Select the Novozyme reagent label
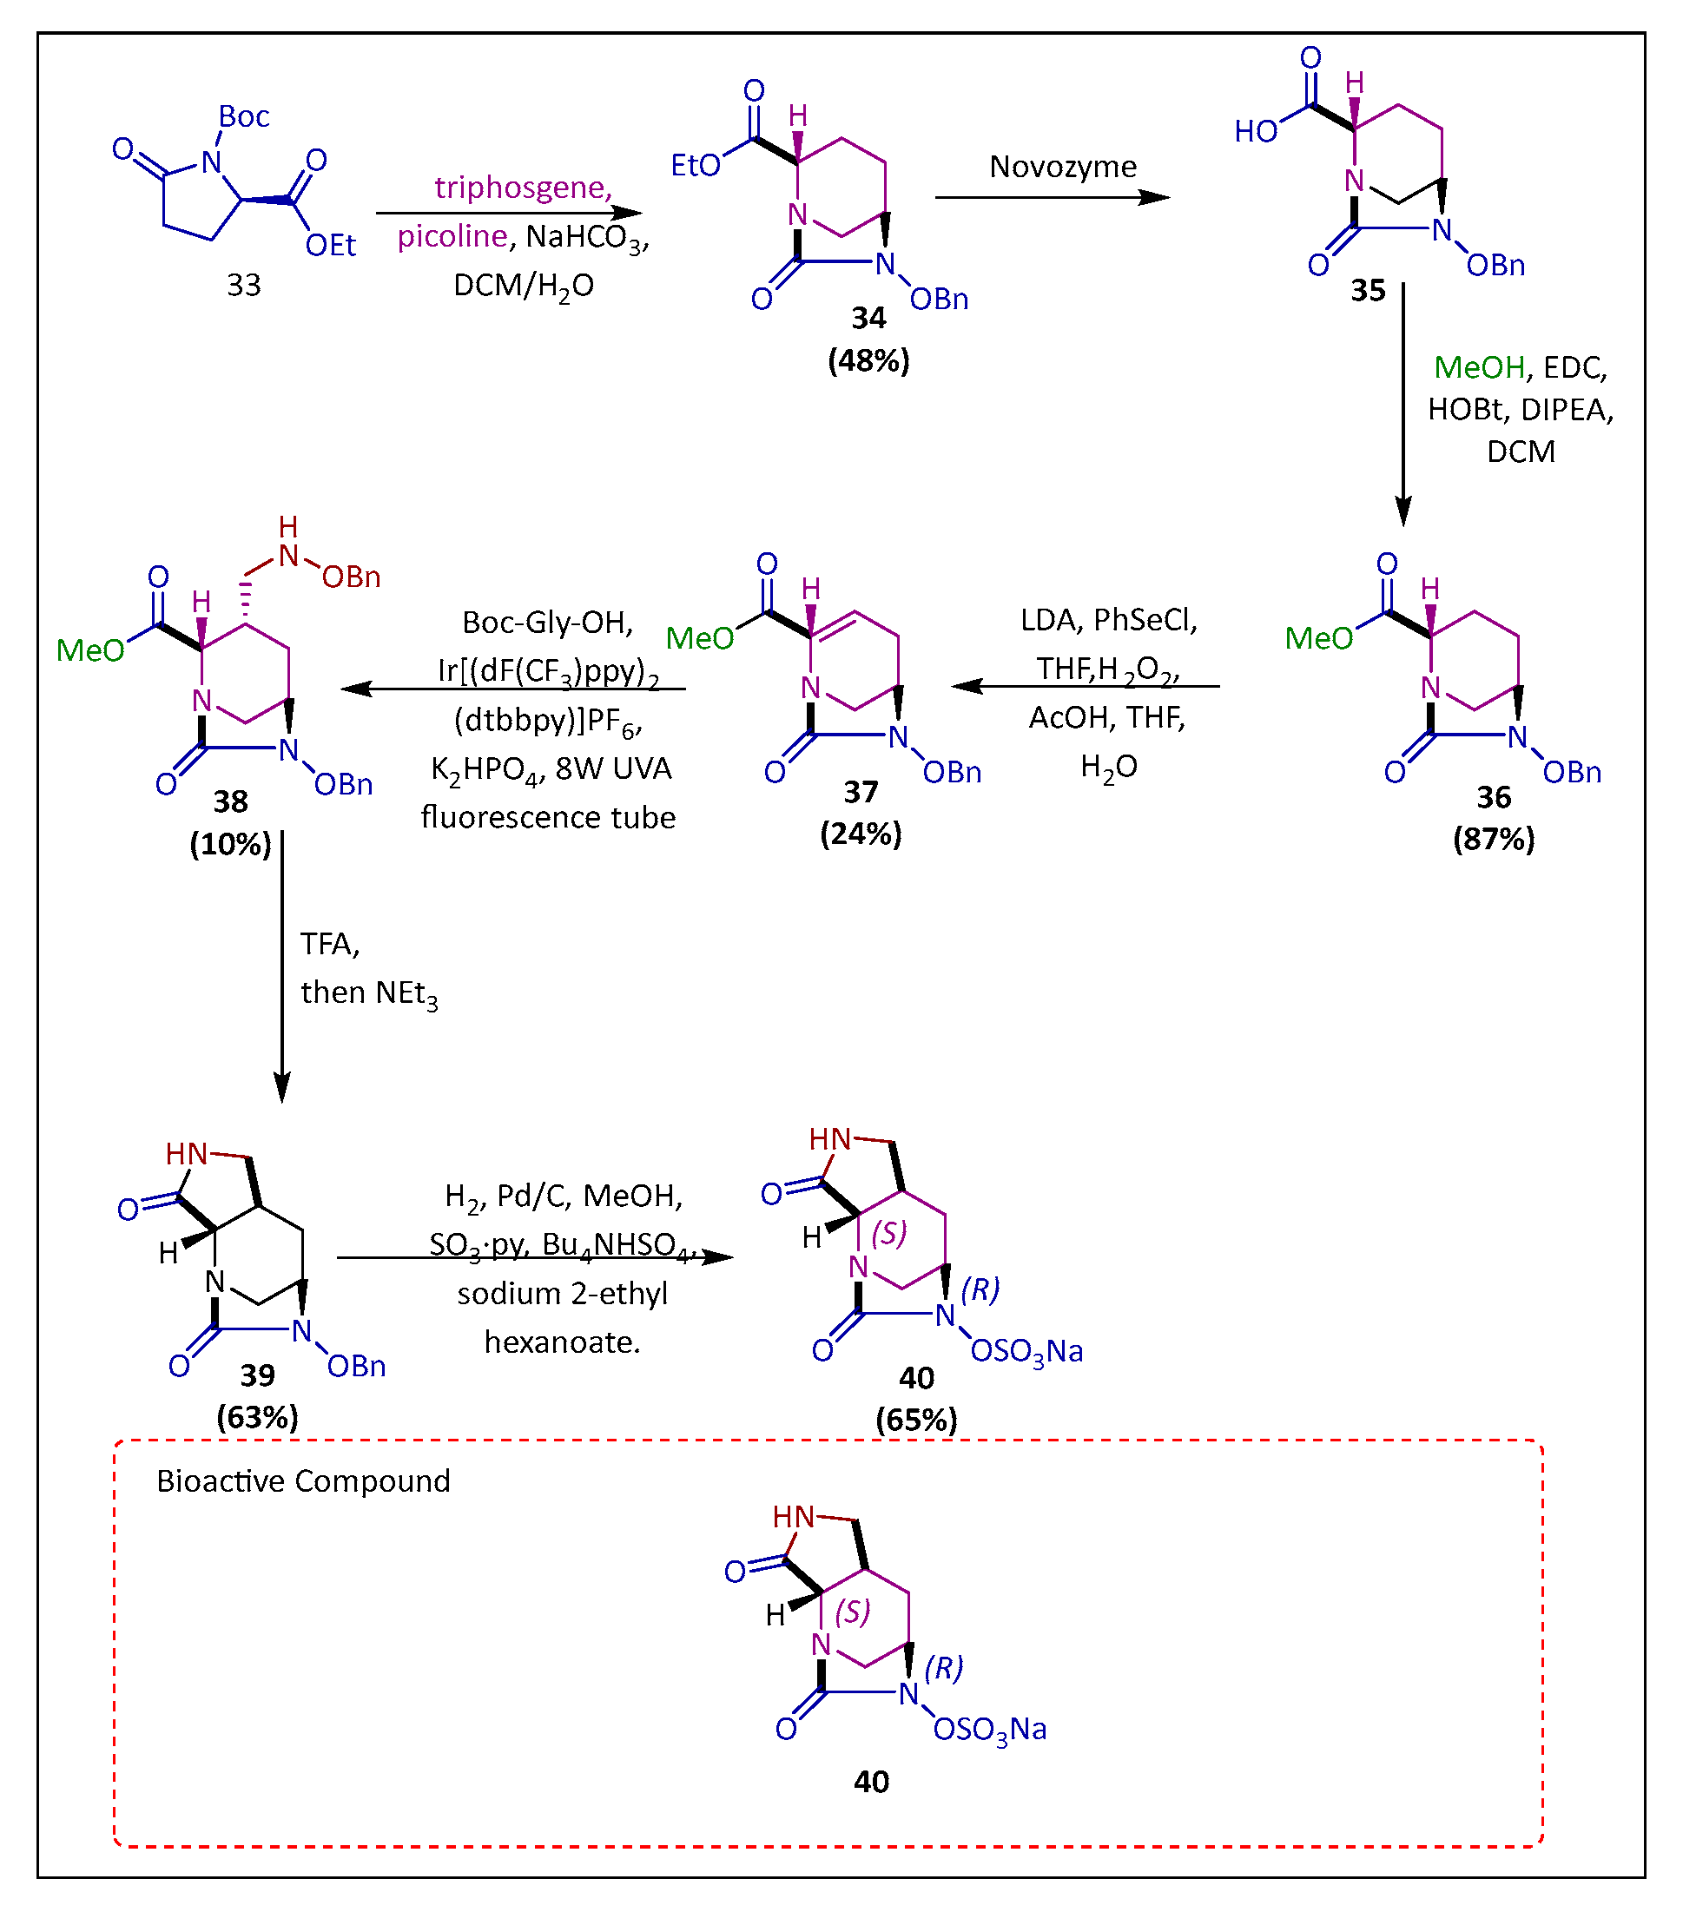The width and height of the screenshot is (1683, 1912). (1063, 167)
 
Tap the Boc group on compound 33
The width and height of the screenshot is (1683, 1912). (243, 116)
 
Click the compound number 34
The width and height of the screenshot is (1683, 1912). (868, 318)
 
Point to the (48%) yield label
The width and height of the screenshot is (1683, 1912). (868, 360)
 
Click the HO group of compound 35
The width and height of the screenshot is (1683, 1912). (1256, 131)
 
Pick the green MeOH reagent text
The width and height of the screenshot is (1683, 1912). (1478, 366)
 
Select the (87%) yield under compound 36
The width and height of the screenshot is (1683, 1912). (1493, 839)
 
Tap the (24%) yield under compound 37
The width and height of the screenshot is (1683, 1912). (861, 834)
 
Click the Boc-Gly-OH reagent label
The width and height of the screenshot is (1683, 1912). (547, 622)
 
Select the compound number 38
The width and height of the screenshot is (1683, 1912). (230, 801)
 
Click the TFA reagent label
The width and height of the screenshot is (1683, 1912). (328, 944)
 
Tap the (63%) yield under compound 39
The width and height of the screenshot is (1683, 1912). (257, 1417)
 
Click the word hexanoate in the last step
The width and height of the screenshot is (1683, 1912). (562, 1342)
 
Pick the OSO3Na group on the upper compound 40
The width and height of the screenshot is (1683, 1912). (1026, 1352)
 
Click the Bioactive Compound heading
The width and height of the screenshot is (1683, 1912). (303, 1480)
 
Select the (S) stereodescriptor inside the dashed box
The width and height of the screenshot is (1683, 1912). (852, 1611)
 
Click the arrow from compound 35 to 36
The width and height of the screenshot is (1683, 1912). (1402, 402)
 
